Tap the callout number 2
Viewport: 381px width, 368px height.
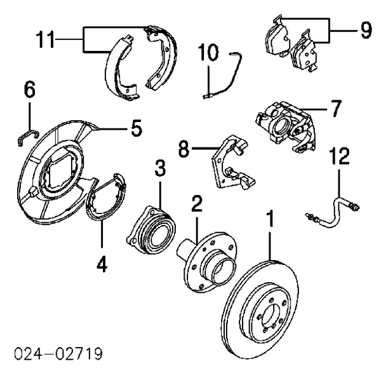click(x=197, y=205)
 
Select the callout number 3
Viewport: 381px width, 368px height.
click(x=160, y=169)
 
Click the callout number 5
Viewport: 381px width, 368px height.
click(x=136, y=129)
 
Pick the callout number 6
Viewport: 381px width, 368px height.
click(x=29, y=92)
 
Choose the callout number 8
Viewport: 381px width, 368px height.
click(x=184, y=150)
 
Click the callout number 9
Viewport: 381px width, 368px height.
click(x=363, y=29)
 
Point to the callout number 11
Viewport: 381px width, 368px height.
click(x=44, y=40)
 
